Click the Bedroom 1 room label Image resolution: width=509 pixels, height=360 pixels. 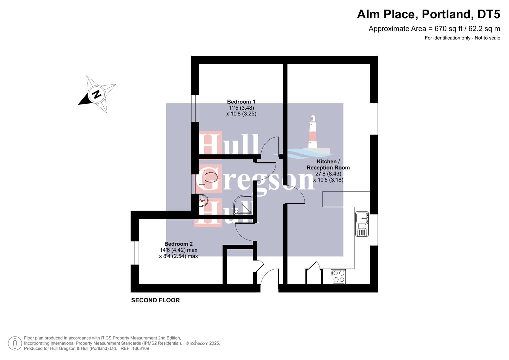[241, 102]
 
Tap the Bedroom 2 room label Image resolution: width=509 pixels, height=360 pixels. [178, 244]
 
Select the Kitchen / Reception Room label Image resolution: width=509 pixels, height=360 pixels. [328, 165]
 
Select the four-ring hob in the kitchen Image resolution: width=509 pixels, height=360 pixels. [338, 277]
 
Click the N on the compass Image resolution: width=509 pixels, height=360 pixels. [97, 94]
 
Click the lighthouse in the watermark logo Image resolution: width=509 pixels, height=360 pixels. [312, 132]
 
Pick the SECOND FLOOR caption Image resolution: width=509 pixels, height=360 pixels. [155, 300]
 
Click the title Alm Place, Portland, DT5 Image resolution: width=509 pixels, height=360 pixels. [428, 14]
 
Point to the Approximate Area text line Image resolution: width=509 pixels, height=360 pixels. [434, 29]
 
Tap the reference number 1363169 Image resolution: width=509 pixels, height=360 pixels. [140, 348]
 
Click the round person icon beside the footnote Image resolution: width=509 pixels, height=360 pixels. [15, 343]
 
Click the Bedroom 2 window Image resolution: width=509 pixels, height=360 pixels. [135, 253]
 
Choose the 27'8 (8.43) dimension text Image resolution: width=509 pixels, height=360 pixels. [328, 174]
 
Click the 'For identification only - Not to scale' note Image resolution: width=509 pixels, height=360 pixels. [462, 38]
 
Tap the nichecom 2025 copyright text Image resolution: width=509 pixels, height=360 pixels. [203, 343]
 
